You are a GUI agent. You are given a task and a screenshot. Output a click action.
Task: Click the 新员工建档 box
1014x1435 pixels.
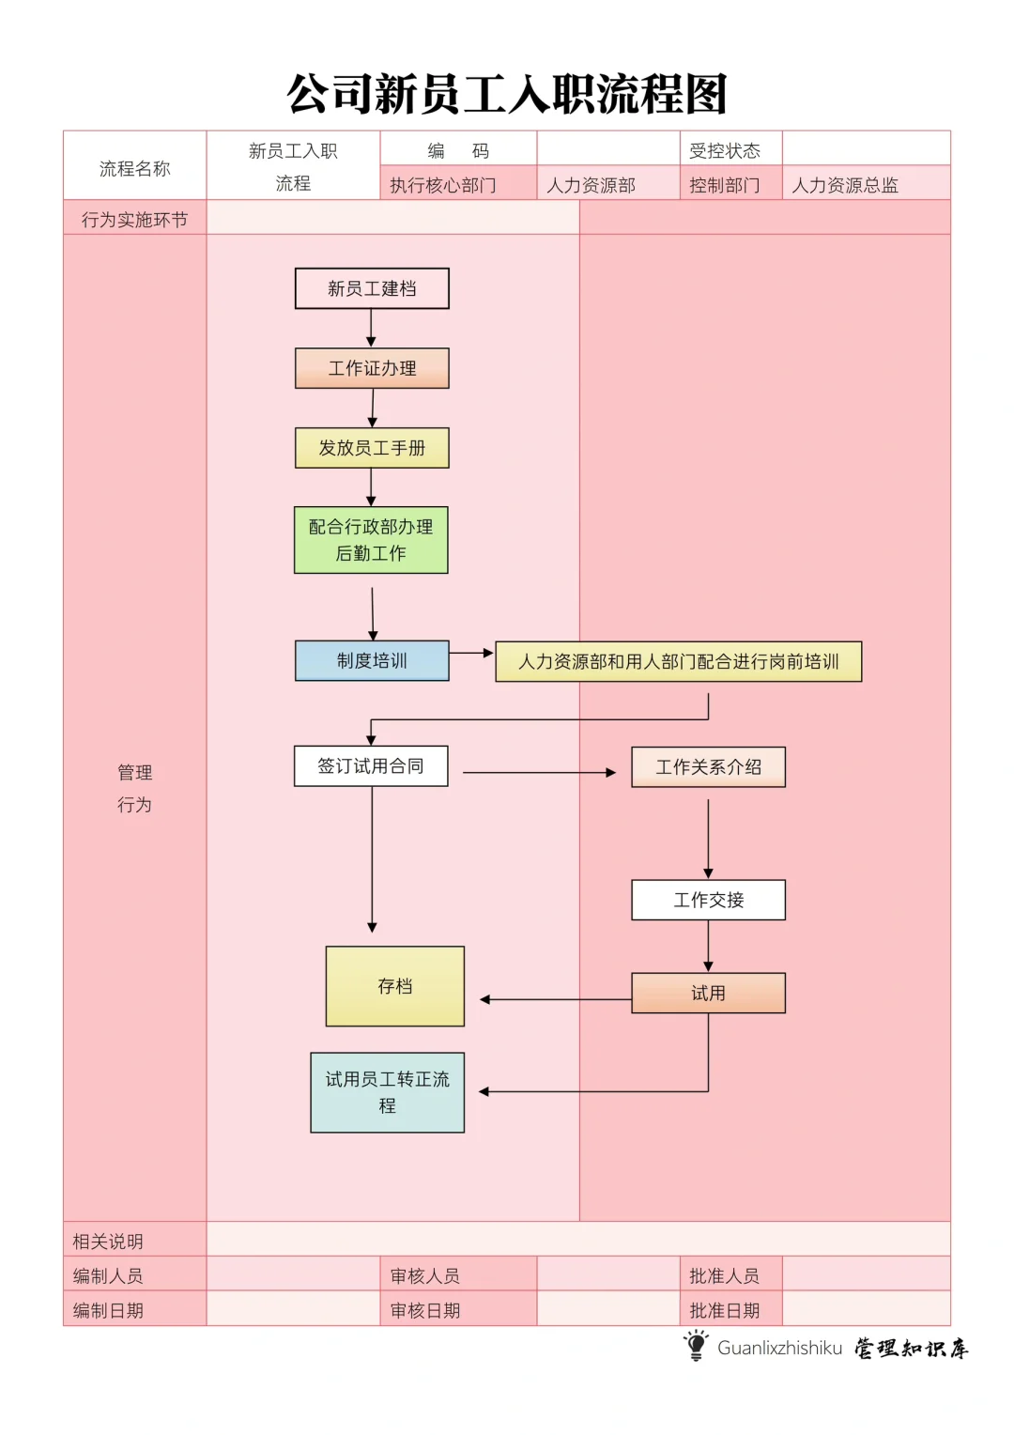372,288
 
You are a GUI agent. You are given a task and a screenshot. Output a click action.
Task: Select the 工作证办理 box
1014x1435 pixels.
372,368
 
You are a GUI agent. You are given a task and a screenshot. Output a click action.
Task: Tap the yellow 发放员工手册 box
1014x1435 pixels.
372,448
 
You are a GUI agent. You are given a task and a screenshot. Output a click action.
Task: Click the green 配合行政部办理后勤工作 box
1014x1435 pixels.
371,540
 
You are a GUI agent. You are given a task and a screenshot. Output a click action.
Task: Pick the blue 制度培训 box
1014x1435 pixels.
372,661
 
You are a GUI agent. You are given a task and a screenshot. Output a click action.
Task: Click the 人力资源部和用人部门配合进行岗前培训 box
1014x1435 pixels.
678,661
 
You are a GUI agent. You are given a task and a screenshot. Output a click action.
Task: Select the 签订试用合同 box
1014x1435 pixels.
371,766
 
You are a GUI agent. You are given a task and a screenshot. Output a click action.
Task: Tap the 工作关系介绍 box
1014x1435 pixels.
708,767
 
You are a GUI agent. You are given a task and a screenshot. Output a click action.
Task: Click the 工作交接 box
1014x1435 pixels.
708,900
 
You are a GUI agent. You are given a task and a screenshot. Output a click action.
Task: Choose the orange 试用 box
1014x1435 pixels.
708,993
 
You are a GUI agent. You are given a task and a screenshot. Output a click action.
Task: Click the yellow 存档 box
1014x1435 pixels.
394,986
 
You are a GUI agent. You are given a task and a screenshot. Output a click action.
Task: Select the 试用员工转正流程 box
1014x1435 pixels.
387,1092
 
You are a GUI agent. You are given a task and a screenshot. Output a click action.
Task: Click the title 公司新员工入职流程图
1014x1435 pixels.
507,94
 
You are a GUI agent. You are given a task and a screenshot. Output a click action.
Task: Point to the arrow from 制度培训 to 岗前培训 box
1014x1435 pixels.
471,653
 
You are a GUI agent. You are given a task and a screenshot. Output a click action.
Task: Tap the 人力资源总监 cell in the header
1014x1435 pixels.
845,185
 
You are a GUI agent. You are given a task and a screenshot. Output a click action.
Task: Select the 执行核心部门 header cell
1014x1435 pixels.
443,185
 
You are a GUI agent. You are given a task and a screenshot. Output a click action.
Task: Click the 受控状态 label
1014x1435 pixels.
724,150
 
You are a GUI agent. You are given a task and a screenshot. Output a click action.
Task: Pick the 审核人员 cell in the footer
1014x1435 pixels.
425,1275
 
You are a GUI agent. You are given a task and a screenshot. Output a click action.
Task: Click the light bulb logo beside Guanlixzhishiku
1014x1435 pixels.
696,1346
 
